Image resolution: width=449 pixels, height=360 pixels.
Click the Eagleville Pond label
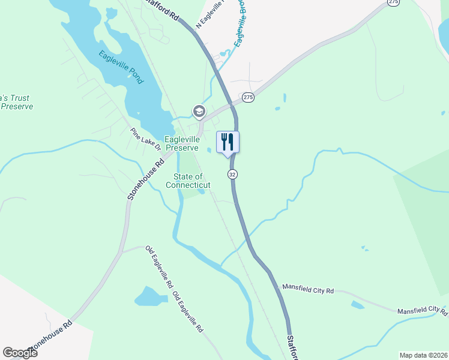[121, 67]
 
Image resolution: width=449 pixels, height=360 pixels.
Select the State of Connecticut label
[188, 181]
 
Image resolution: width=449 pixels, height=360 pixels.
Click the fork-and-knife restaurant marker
[228, 143]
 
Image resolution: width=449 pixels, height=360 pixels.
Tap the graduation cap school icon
[199, 111]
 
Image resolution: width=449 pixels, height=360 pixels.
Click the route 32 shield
[232, 174]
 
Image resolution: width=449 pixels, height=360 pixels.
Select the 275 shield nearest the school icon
[248, 97]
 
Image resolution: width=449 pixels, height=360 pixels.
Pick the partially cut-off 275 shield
[393, 3]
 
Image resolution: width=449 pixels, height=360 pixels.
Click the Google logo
[20, 353]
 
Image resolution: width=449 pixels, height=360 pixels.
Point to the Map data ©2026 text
[423, 355]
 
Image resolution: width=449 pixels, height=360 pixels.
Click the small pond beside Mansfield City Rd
[358, 305]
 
